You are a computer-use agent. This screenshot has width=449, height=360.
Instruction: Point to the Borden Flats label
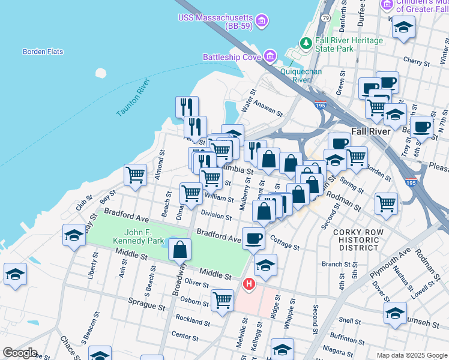43,52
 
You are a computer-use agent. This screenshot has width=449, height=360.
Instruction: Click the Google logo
20,353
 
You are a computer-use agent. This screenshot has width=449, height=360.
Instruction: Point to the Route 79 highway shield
325,18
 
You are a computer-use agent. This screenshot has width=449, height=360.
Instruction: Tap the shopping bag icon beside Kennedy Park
180,249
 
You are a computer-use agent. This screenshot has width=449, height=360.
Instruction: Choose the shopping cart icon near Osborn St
222,299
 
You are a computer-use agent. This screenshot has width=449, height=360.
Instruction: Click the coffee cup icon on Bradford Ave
253,238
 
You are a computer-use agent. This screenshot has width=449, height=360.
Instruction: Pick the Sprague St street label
145,306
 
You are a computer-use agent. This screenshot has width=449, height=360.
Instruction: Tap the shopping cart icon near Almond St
136,175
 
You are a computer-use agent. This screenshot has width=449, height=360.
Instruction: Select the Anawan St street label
268,107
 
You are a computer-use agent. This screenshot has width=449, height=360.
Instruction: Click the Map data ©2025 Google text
411,355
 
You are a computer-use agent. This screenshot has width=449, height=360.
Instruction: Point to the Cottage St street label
285,243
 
